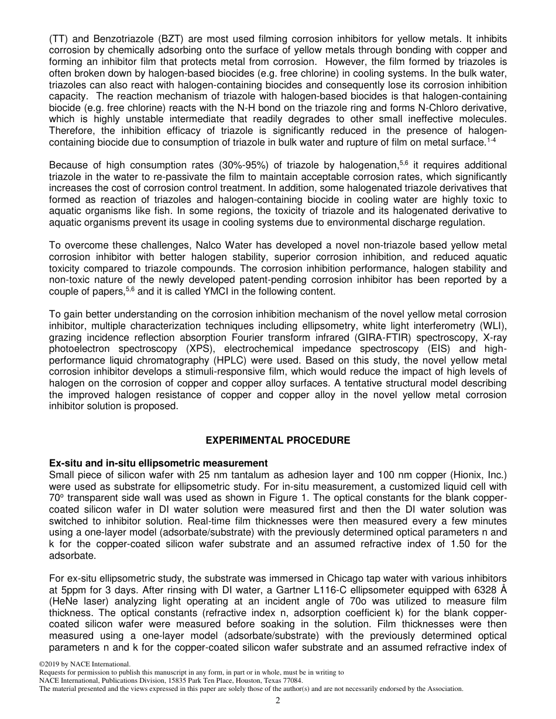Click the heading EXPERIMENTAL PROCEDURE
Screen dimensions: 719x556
click(278, 440)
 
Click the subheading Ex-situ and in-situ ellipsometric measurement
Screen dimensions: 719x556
click(159, 463)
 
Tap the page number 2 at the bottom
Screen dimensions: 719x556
click(278, 700)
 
